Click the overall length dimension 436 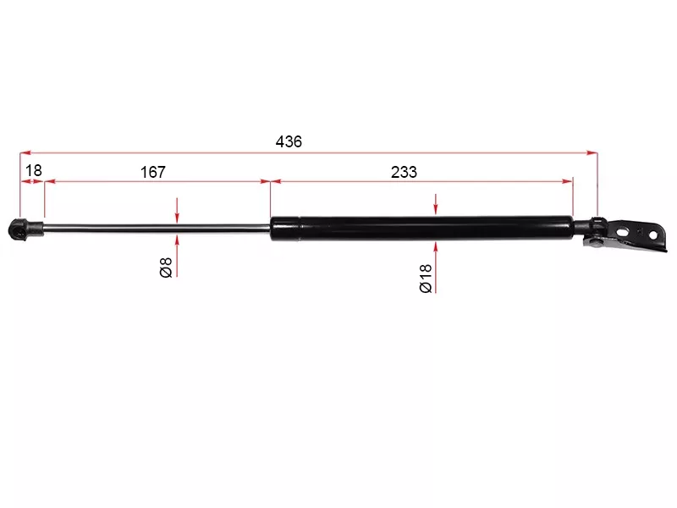289,141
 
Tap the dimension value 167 153,172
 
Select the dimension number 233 404,172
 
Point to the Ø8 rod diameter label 166,267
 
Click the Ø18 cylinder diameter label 426,279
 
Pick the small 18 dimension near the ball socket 34,171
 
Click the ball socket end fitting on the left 25,229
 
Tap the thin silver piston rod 157,228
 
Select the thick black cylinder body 422,228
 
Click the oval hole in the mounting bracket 623,232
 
